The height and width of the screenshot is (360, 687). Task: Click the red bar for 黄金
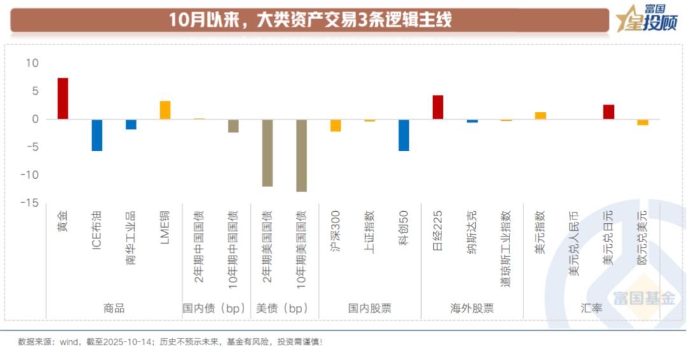click(x=63, y=99)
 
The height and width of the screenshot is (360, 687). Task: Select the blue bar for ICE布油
click(x=97, y=135)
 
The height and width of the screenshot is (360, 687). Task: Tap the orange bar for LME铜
click(x=165, y=110)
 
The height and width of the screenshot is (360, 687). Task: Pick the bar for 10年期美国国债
click(x=302, y=155)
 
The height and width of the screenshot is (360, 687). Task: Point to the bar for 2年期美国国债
click(x=267, y=153)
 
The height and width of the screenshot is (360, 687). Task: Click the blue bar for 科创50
click(x=403, y=135)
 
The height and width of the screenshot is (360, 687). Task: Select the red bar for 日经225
click(x=438, y=107)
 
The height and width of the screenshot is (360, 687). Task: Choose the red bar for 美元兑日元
click(x=609, y=112)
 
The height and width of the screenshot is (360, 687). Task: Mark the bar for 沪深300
click(x=335, y=125)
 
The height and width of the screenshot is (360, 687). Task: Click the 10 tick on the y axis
click(x=32, y=64)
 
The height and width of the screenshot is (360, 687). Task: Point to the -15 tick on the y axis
click(x=30, y=203)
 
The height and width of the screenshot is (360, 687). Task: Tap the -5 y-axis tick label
click(x=32, y=147)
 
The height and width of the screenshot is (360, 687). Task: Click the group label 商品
click(x=114, y=308)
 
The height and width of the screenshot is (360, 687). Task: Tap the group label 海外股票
click(x=472, y=308)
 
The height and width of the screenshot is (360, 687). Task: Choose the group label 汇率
click(x=592, y=308)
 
